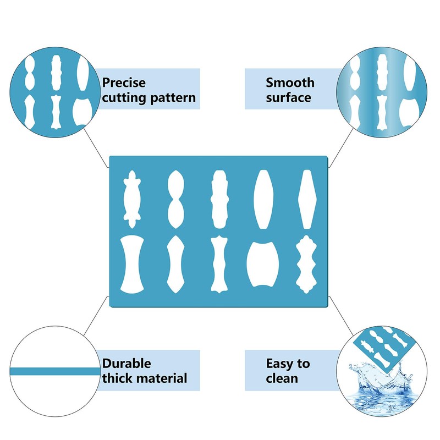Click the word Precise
coord(124,83)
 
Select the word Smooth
coord(290,83)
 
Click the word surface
coord(289,98)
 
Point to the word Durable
coord(127,364)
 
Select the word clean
coord(282,378)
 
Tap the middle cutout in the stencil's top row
coord(219,199)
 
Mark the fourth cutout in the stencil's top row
coord(263,199)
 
